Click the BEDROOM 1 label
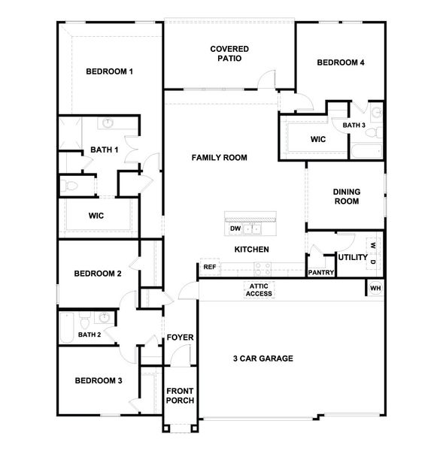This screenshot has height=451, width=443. (109, 71)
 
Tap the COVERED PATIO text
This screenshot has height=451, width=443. (229, 53)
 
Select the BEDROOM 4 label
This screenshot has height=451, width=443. (340, 62)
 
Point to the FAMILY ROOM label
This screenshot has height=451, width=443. (219, 158)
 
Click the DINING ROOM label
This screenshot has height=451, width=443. (346, 196)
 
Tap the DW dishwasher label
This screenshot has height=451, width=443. (235, 229)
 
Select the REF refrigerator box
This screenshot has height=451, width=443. (209, 267)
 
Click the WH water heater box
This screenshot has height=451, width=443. (375, 287)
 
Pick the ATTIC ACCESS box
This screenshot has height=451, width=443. (259, 289)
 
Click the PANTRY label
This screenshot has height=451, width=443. (320, 274)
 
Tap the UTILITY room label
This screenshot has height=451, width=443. (352, 258)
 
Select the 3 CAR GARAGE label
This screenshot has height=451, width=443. (262, 359)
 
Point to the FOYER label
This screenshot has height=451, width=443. (180, 337)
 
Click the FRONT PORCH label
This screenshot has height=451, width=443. (180, 395)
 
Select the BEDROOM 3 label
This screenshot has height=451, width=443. (98, 381)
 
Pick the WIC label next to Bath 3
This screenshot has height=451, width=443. (317, 139)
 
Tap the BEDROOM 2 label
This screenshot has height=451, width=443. (98, 274)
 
